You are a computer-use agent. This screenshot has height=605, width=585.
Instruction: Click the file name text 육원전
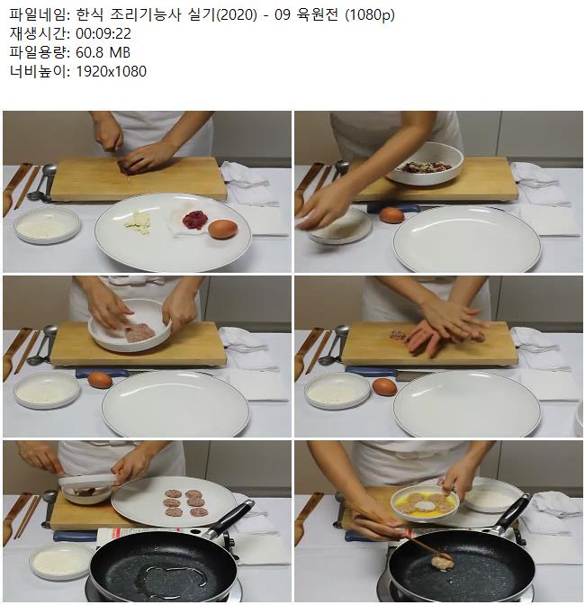tap(318, 15)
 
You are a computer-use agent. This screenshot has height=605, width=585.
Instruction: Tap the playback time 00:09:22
tap(103, 34)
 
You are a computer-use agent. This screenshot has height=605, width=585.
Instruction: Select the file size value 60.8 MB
tap(103, 52)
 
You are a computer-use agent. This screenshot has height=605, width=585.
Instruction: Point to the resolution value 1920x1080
tap(111, 71)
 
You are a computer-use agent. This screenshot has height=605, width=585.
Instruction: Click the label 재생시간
tap(38, 34)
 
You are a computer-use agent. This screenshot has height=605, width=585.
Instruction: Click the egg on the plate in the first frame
tap(222, 229)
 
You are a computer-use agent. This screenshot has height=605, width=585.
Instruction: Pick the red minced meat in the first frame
tap(194, 219)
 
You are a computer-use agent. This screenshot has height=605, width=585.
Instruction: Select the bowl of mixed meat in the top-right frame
tap(424, 163)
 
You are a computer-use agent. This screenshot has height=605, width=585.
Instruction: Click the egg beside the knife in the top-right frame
tap(391, 214)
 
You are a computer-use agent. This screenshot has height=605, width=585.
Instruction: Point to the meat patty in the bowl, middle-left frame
tap(139, 332)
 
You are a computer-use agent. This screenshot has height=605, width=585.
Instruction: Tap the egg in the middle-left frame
tap(100, 380)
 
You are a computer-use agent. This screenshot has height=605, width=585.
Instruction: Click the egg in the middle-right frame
tap(384, 386)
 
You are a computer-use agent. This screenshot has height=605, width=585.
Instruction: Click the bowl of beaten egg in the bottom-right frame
tap(425, 502)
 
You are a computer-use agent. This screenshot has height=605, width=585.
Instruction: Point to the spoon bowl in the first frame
tap(49, 170)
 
